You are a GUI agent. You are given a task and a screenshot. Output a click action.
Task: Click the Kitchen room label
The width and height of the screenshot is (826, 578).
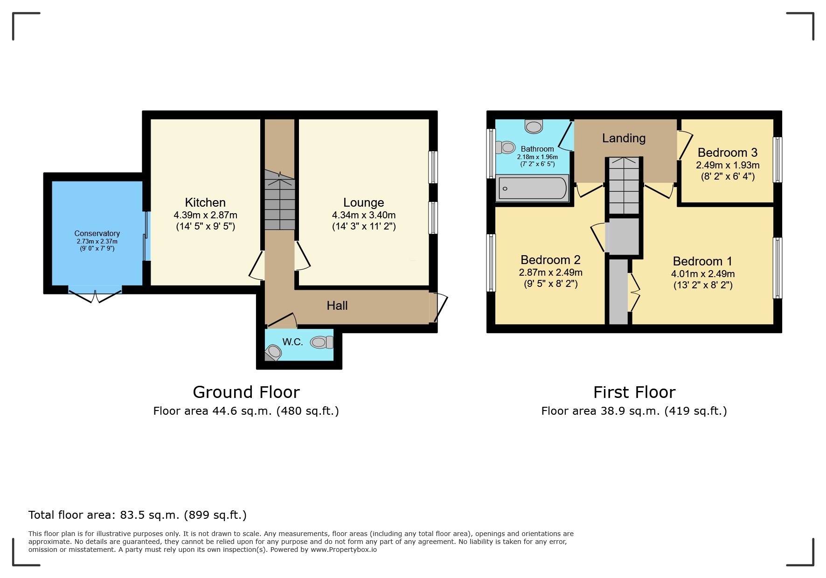click(x=205, y=202)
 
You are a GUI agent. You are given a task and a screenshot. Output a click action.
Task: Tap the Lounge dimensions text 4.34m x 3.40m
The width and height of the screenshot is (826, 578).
click(x=363, y=215)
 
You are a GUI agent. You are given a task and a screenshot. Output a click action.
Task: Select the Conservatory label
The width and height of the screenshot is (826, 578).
click(x=97, y=233)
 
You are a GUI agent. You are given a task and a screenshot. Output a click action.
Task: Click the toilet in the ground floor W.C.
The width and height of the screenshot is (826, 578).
click(x=321, y=342)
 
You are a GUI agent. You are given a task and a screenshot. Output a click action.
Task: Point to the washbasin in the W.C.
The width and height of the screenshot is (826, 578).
click(x=273, y=352)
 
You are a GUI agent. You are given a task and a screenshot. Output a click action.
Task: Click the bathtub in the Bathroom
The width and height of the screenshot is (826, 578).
click(x=532, y=188)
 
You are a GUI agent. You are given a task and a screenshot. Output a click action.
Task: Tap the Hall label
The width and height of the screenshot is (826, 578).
click(x=337, y=306)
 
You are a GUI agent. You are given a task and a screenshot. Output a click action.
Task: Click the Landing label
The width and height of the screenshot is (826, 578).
click(x=624, y=138)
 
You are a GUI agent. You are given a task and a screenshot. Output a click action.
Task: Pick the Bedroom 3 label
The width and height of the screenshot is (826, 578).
click(x=727, y=153)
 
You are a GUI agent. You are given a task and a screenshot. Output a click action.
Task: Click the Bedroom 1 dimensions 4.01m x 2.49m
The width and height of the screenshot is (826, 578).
click(x=702, y=274)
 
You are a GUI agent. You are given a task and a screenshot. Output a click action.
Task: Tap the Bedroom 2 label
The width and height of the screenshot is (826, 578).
click(x=550, y=259)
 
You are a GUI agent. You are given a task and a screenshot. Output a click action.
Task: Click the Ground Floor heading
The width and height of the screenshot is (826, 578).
click(x=246, y=392)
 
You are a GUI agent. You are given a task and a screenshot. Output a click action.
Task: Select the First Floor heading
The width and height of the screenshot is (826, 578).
click(x=634, y=392)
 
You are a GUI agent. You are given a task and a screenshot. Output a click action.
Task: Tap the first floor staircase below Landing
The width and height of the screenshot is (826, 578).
click(x=624, y=187)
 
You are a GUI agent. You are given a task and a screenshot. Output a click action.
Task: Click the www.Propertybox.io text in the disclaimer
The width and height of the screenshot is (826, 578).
click(x=344, y=550)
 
